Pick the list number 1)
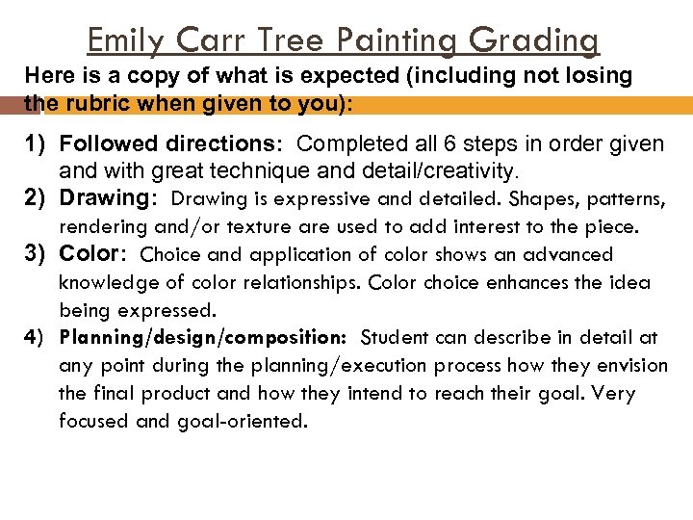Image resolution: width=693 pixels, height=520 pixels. (x=36, y=144)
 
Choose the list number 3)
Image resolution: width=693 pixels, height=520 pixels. (x=36, y=254)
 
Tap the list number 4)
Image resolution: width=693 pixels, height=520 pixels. (x=35, y=337)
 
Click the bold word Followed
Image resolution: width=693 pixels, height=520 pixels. (x=106, y=144)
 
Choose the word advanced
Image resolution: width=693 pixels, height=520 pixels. (x=569, y=255)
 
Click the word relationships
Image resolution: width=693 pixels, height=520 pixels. (x=304, y=283)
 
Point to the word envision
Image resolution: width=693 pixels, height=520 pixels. (x=633, y=366)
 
